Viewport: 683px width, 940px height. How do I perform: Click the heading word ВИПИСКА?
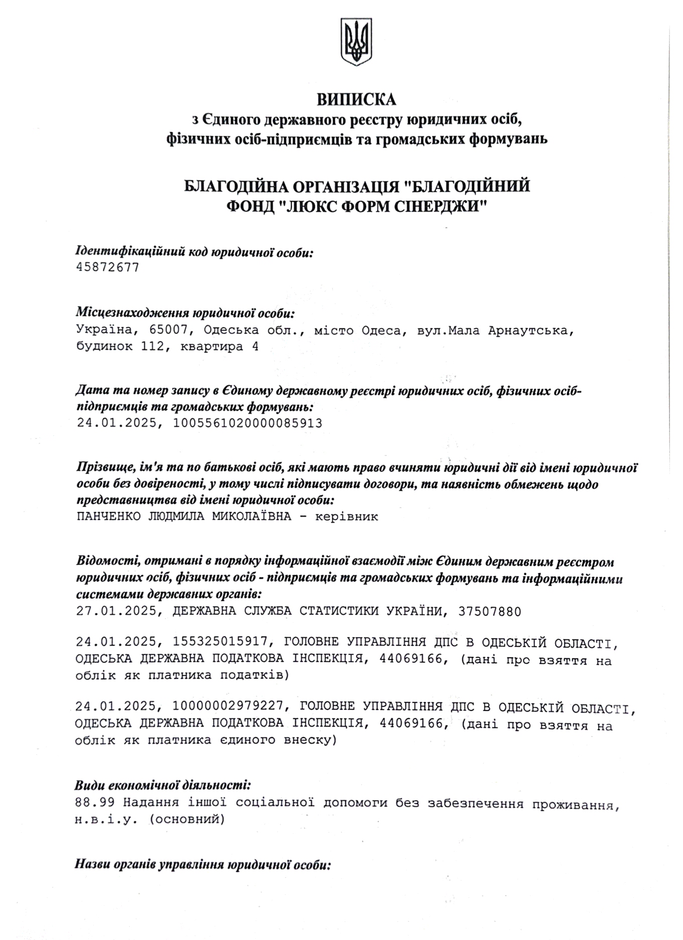(356, 99)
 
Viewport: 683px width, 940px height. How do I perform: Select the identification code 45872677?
(107, 268)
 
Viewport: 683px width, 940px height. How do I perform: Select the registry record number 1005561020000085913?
(247, 423)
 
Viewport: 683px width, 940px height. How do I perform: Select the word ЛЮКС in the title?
(308, 205)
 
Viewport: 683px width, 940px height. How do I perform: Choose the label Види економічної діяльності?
(163, 785)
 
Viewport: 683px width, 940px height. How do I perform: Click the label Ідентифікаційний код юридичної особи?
(195, 252)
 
